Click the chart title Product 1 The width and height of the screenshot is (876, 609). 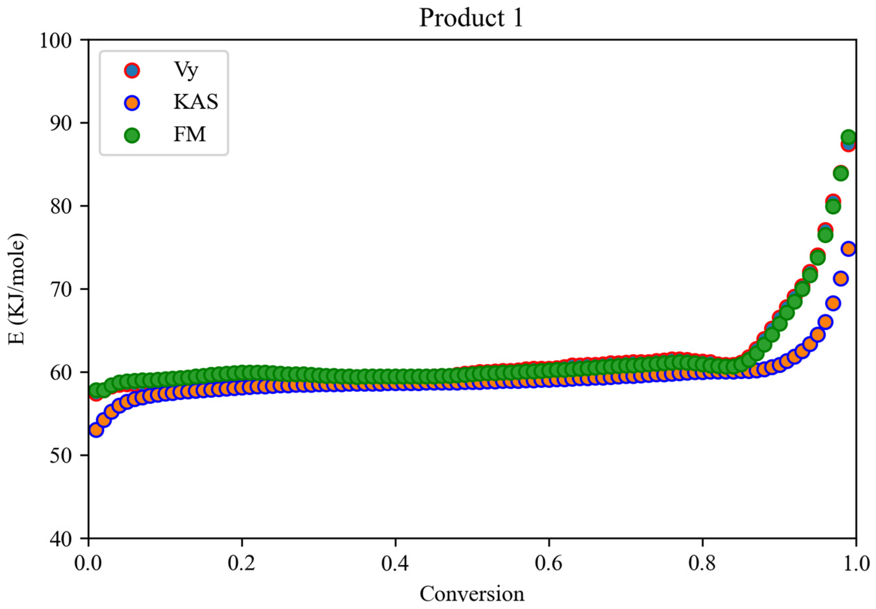pyautogui.click(x=471, y=18)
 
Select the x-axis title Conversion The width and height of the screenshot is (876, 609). pyautogui.click(x=472, y=594)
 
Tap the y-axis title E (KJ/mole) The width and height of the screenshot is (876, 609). pyautogui.click(x=17, y=289)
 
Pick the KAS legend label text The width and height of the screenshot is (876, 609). pyautogui.click(x=195, y=102)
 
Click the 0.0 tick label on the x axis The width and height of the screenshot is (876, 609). pyautogui.click(x=89, y=563)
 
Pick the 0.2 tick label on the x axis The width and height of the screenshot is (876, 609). pyautogui.click(x=242, y=563)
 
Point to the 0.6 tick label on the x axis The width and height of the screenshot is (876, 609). pyautogui.click(x=549, y=563)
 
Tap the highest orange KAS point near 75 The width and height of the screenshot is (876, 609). pyautogui.click(x=848, y=249)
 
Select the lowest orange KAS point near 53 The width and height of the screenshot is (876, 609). pyautogui.click(x=96, y=430)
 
